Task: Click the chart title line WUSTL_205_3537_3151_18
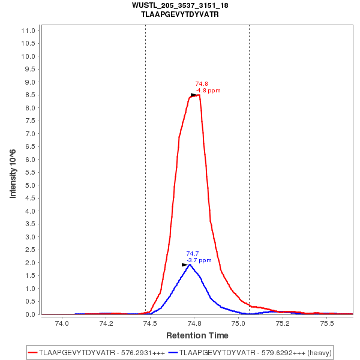(179, 5)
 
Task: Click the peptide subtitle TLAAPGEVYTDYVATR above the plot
(179, 14)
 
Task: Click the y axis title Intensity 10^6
(13, 174)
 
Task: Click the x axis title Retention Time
(197, 335)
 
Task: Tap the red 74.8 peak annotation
(202, 84)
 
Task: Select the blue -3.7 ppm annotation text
(199, 260)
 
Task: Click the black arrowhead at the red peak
(194, 95)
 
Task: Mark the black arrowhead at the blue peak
(185, 265)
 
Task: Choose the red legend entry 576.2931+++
(97, 352)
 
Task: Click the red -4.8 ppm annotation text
(208, 91)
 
